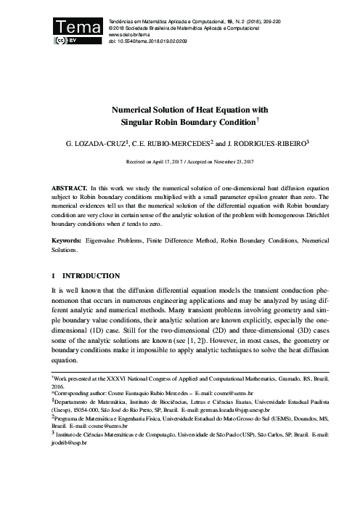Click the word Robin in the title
point(168,123)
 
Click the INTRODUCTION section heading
point(92,277)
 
